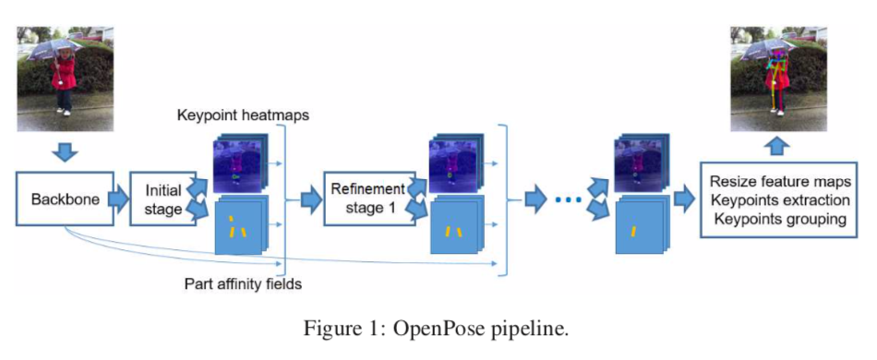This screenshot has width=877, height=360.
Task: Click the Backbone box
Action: (66, 198)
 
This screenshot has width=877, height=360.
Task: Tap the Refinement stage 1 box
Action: (366, 198)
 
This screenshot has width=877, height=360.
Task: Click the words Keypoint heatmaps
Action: (243, 117)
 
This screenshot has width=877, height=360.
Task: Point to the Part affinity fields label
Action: (243, 283)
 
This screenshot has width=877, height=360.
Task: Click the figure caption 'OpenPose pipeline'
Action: (438, 327)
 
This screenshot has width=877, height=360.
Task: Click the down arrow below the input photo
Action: (64, 150)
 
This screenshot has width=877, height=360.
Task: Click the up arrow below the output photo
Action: (777, 146)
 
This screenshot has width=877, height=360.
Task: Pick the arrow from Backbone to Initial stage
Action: (119, 198)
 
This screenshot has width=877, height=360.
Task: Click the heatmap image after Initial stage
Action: (239, 165)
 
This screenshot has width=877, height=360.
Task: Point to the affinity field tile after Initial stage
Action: (238, 228)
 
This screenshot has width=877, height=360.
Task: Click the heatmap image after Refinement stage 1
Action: (454, 165)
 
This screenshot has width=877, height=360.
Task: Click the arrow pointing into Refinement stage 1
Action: (306, 198)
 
